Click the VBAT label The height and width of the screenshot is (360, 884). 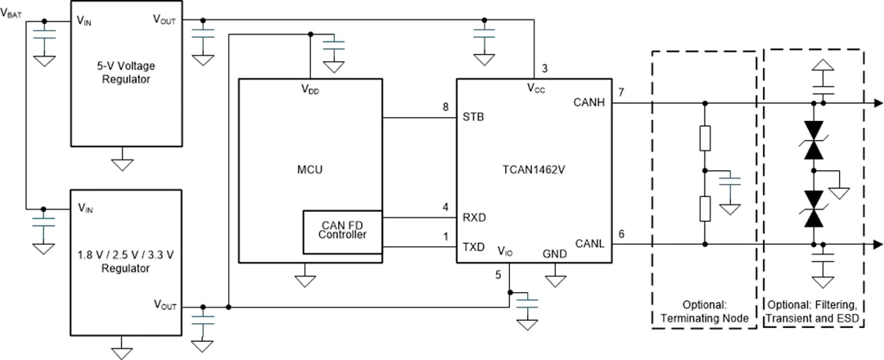pyautogui.click(x=11, y=14)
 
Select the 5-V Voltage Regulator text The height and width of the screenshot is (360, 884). pyautogui.click(x=126, y=72)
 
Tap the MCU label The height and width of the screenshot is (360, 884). pyautogui.click(x=311, y=169)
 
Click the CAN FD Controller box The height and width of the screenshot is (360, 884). pyautogui.click(x=343, y=232)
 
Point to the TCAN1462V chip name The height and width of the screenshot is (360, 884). pyautogui.click(x=534, y=169)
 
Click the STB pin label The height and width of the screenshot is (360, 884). pyautogui.click(x=473, y=118)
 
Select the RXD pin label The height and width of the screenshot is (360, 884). pyautogui.click(x=474, y=218)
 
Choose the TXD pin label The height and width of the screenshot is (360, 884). pyautogui.click(x=474, y=247)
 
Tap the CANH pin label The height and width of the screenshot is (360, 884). pyautogui.click(x=589, y=102)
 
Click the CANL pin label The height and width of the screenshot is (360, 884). pyautogui.click(x=589, y=243)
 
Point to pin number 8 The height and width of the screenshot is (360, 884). pyautogui.click(x=445, y=108)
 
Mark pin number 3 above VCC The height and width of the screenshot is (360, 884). pyautogui.click(x=544, y=69)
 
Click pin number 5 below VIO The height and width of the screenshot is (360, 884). pyautogui.click(x=498, y=275)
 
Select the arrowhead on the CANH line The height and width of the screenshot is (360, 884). pyautogui.click(x=877, y=103)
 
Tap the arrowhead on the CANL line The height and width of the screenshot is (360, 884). pyautogui.click(x=877, y=245)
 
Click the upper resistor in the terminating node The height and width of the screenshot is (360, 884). pyautogui.click(x=705, y=138)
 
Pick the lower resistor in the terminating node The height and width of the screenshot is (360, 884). pyautogui.click(x=705, y=209)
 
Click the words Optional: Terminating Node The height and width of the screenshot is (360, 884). pyautogui.click(x=705, y=312)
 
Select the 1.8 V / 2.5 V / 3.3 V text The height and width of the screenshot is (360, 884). pyautogui.click(x=126, y=255)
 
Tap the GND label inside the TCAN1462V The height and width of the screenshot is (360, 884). pyautogui.click(x=555, y=254)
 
